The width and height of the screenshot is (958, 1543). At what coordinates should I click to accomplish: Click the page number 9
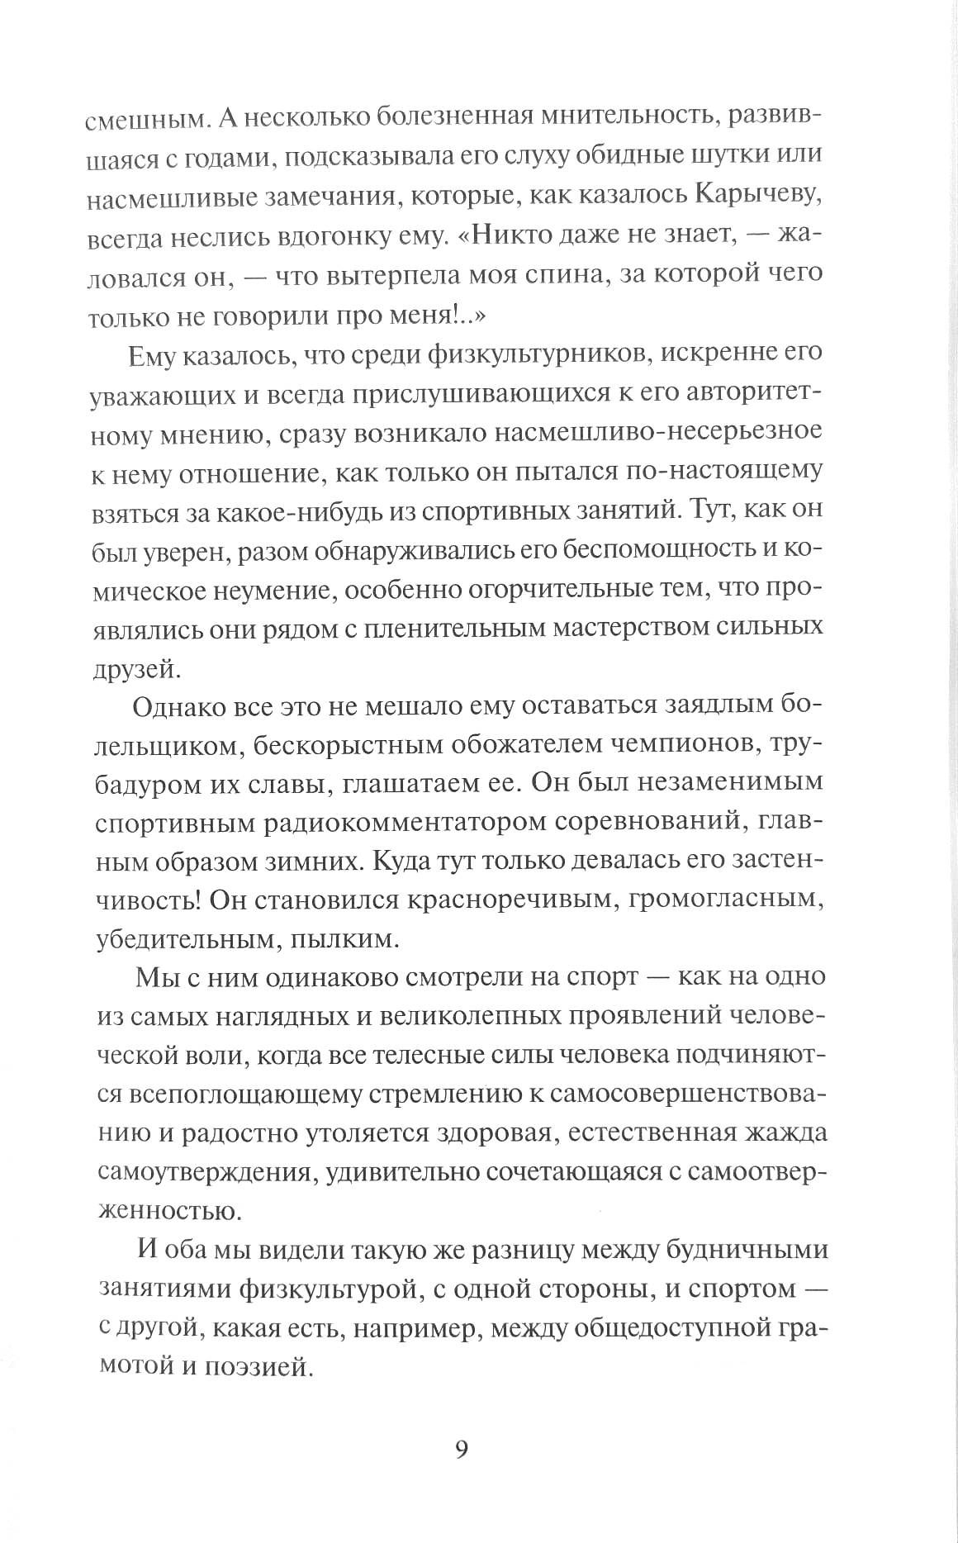pos(462,1450)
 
